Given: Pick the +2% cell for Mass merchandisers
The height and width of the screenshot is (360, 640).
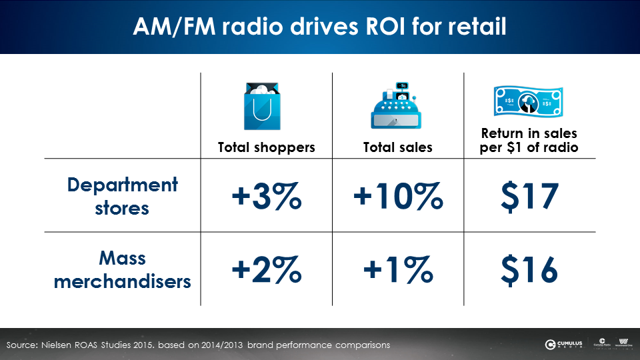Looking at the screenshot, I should pyautogui.click(x=267, y=269).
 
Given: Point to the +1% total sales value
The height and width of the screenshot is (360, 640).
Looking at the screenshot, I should pyautogui.click(x=398, y=269).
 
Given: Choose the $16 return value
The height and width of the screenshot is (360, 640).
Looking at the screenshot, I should pyautogui.click(x=529, y=269).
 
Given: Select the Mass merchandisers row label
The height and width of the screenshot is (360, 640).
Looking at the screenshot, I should pyautogui.click(x=123, y=269).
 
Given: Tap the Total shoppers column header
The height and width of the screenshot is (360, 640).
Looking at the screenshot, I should pyautogui.click(x=267, y=147).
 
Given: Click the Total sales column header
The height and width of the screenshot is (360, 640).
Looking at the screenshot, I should pyautogui.click(x=398, y=147).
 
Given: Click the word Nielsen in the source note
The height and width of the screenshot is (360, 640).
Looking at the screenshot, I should pyautogui.click(x=64, y=345).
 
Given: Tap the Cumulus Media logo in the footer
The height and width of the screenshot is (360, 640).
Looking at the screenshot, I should pyautogui.click(x=563, y=345).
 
